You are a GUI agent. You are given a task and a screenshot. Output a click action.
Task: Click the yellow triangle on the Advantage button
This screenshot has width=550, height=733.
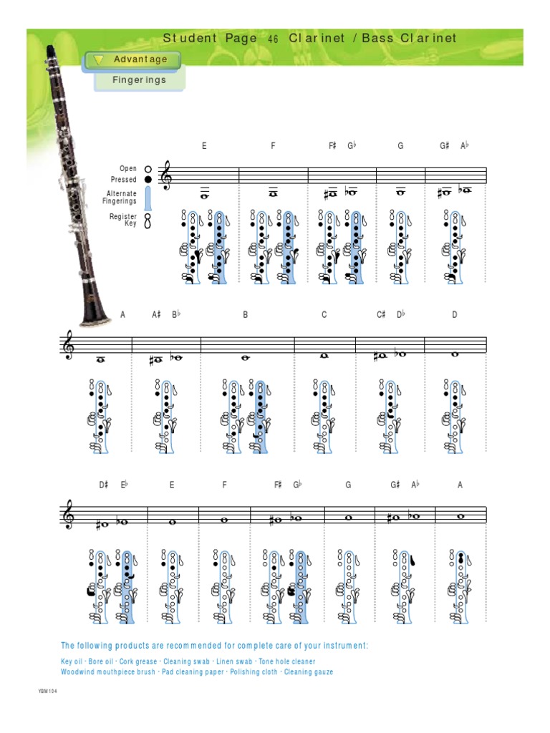[x=99, y=60]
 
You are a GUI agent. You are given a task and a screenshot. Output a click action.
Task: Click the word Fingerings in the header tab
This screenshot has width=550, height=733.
[x=139, y=80]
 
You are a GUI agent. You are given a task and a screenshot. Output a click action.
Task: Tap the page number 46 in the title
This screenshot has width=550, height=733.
[x=272, y=39]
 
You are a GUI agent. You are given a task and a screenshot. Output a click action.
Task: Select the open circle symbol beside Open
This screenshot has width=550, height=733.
[x=148, y=169]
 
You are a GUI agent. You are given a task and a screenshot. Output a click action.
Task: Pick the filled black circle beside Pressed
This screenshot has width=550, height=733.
[x=148, y=180]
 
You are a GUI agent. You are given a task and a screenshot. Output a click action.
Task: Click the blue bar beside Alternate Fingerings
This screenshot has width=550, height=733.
[x=148, y=197]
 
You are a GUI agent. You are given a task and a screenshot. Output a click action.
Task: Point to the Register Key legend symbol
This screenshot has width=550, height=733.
[x=148, y=220]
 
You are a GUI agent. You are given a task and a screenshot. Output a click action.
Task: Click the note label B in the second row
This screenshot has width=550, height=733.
[x=245, y=315]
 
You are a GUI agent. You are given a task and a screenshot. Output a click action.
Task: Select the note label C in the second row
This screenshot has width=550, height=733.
[x=324, y=315]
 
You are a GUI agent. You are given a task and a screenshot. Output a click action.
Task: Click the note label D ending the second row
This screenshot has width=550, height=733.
[x=454, y=315]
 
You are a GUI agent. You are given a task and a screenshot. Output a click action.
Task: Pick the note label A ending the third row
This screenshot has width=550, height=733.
[x=460, y=485]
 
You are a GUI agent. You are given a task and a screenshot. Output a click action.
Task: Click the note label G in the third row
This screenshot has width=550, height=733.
[x=349, y=485]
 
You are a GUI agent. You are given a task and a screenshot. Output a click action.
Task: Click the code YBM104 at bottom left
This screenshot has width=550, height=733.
[x=47, y=691]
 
